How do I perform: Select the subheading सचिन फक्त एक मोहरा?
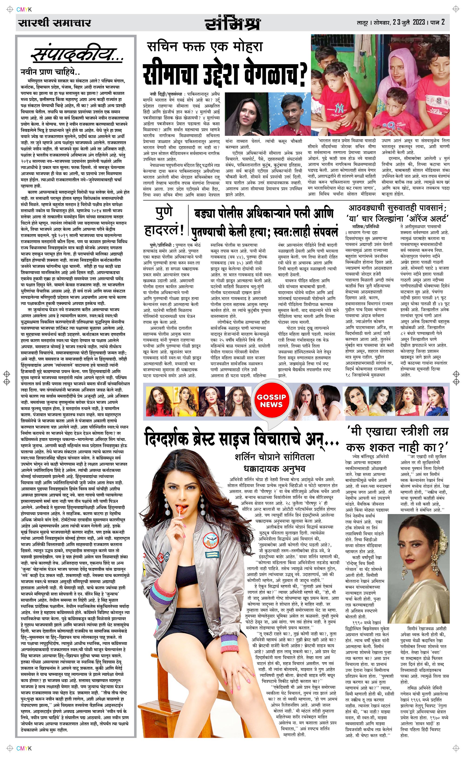pos(205,47)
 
